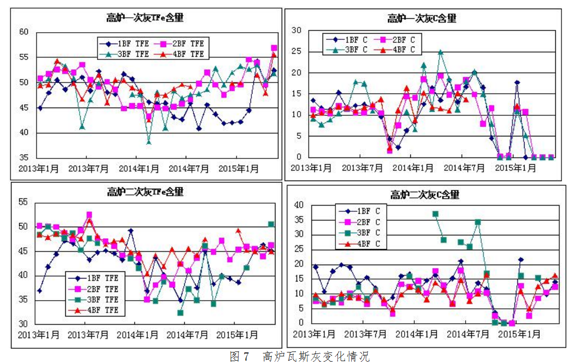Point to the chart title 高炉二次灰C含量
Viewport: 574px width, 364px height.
(x=424, y=194)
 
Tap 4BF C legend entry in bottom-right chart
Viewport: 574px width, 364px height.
(x=360, y=243)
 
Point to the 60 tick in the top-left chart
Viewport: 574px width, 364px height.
(x=24, y=32)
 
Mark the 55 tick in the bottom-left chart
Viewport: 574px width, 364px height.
(x=23, y=202)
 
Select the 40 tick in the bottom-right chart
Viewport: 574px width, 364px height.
(x=299, y=205)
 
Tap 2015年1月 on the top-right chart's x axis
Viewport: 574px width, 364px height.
(x=516, y=168)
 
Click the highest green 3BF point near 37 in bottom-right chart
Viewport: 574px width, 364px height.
(x=435, y=214)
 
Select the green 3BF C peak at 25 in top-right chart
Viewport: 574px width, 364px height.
(x=440, y=52)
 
